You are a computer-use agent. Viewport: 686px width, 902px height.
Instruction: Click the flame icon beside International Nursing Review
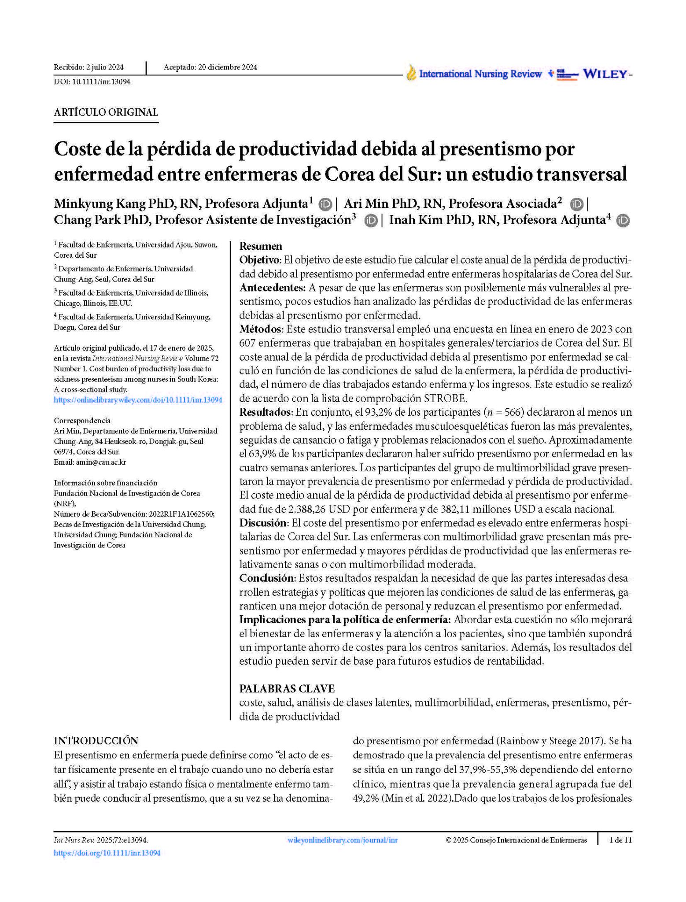411,73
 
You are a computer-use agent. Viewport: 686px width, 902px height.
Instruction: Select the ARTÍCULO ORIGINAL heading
106,112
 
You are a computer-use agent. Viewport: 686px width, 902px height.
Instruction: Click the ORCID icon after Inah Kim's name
623,220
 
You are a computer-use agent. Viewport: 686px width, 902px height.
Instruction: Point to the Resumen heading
261,246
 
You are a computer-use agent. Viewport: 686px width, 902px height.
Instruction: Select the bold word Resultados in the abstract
265,412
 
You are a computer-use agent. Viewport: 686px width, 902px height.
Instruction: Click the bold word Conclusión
266,578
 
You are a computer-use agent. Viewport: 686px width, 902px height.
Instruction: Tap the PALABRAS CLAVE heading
287,688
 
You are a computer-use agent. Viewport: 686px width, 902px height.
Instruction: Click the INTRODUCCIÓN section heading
96,740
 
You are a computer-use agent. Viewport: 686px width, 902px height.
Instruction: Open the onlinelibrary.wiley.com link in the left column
138,400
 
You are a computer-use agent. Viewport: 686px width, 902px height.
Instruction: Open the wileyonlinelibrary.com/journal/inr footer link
342,840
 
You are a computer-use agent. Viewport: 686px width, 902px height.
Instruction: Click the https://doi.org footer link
107,853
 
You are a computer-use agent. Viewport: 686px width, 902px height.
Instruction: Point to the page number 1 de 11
620,840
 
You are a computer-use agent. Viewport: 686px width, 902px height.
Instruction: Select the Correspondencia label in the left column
82,420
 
